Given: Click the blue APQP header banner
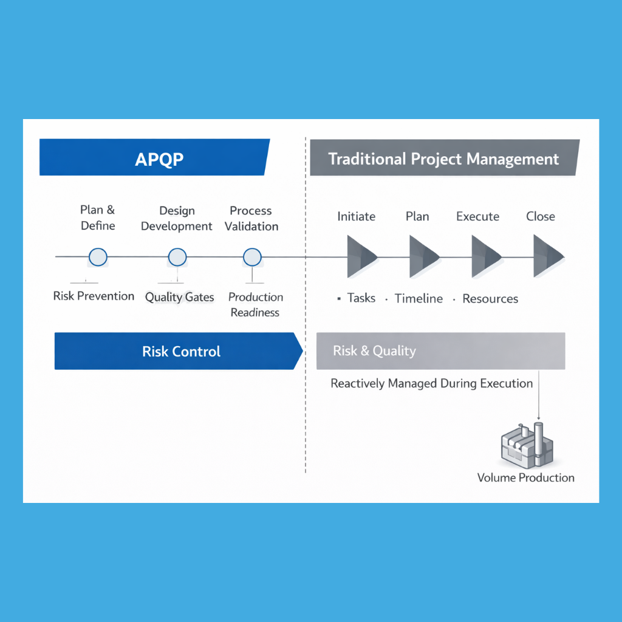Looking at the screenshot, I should point(154,158).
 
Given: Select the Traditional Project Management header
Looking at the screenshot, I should point(443,159).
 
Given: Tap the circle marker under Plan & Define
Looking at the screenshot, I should point(98,257).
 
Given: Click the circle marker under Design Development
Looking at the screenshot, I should point(177,257).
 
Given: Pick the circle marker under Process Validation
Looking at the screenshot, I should point(252,257).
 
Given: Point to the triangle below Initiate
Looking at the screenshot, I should point(360,257).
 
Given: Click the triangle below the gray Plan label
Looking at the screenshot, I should point(422,257).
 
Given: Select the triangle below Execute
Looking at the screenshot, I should point(484,257).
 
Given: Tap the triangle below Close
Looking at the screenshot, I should point(547,257).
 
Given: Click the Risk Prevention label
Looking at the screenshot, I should point(94,296).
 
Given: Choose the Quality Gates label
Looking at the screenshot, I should point(179,298).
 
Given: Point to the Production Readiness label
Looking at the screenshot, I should point(255,304).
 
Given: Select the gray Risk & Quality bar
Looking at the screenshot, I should point(440,351).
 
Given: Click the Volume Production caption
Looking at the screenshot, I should point(525,477).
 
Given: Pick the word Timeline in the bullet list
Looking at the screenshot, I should point(419,298).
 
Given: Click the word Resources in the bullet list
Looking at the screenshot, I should point(490,298).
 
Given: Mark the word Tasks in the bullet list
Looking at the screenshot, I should point(361,298).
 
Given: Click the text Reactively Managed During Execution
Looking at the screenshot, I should point(431,384).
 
